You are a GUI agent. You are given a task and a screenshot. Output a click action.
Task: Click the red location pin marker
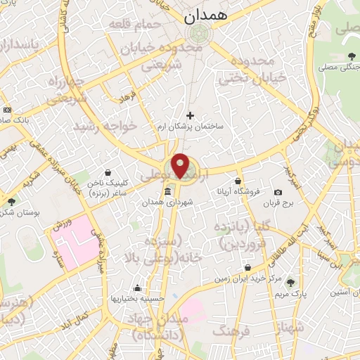(181, 166)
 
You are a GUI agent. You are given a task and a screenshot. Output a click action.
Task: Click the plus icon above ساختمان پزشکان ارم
(190, 115)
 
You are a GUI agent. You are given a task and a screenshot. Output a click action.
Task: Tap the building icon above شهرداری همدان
(167, 192)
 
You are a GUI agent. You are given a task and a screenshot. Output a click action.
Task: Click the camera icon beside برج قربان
(278, 192)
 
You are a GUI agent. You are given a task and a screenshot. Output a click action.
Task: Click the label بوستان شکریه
(17, 213)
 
